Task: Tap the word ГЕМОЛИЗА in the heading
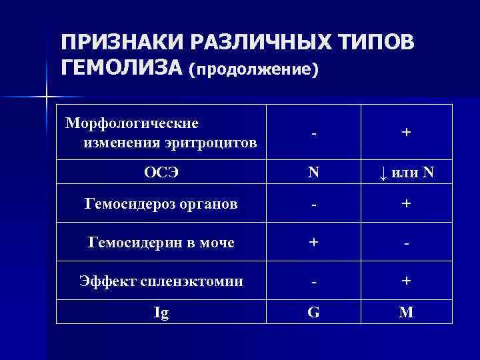[x=121, y=67]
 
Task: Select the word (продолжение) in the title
[x=254, y=69]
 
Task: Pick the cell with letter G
[x=313, y=312]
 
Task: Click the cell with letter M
[x=406, y=312]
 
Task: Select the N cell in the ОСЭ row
[x=313, y=173]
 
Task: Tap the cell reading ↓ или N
[x=406, y=173]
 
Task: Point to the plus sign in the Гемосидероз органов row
[x=406, y=203]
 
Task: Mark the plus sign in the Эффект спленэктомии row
[x=406, y=281]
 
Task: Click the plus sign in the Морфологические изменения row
[x=406, y=133]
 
